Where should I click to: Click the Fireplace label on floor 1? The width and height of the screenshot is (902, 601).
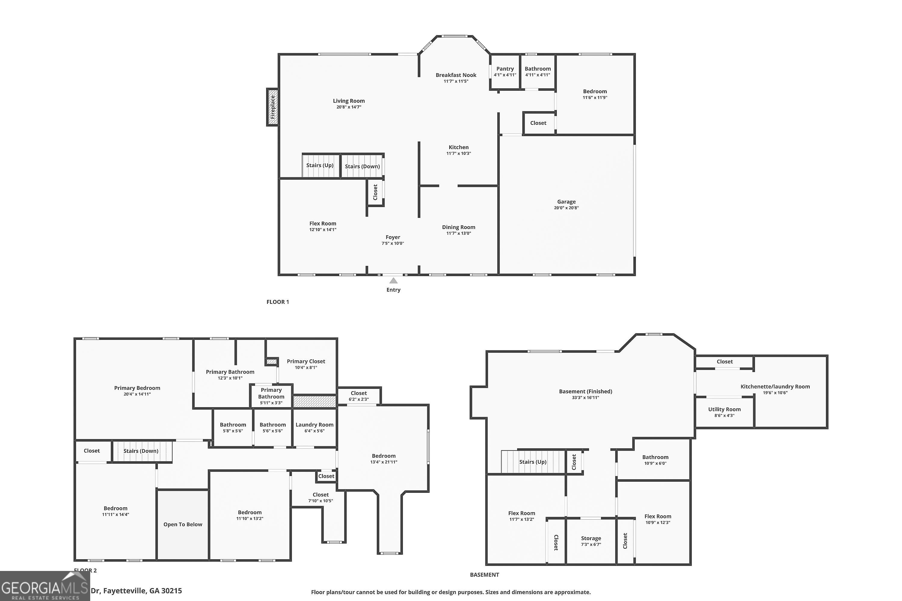pyautogui.click(x=273, y=107)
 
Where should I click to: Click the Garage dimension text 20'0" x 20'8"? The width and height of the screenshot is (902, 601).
pyautogui.click(x=566, y=208)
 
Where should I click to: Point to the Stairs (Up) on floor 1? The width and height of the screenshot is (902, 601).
pyautogui.click(x=320, y=166)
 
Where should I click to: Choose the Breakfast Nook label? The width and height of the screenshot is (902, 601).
pyautogui.click(x=456, y=75)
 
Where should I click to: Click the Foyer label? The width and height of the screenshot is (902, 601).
pyautogui.click(x=393, y=237)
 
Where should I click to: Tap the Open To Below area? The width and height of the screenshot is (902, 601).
pyautogui.click(x=183, y=524)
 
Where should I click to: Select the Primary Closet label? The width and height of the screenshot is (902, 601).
pyautogui.click(x=306, y=361)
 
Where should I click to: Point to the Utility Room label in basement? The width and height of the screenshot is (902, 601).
pyautogui.click(x=724, y=409)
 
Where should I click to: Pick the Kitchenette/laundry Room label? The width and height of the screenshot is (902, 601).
pyautogui.click(x=775, y=386)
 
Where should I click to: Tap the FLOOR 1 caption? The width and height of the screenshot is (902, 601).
pyautogui.click(x=278, y=302)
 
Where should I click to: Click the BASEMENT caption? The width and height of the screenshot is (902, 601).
pyautogui.click(x=484, y=575)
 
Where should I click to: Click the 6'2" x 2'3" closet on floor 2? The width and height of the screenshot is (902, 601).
pyautogui.click(x=359, y=396)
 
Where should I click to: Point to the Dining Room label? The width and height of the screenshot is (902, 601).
pyautogui.click(x=458, y=227)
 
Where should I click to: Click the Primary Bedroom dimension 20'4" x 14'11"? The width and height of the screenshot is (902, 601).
pyautogui.click(x=137, y=394)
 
